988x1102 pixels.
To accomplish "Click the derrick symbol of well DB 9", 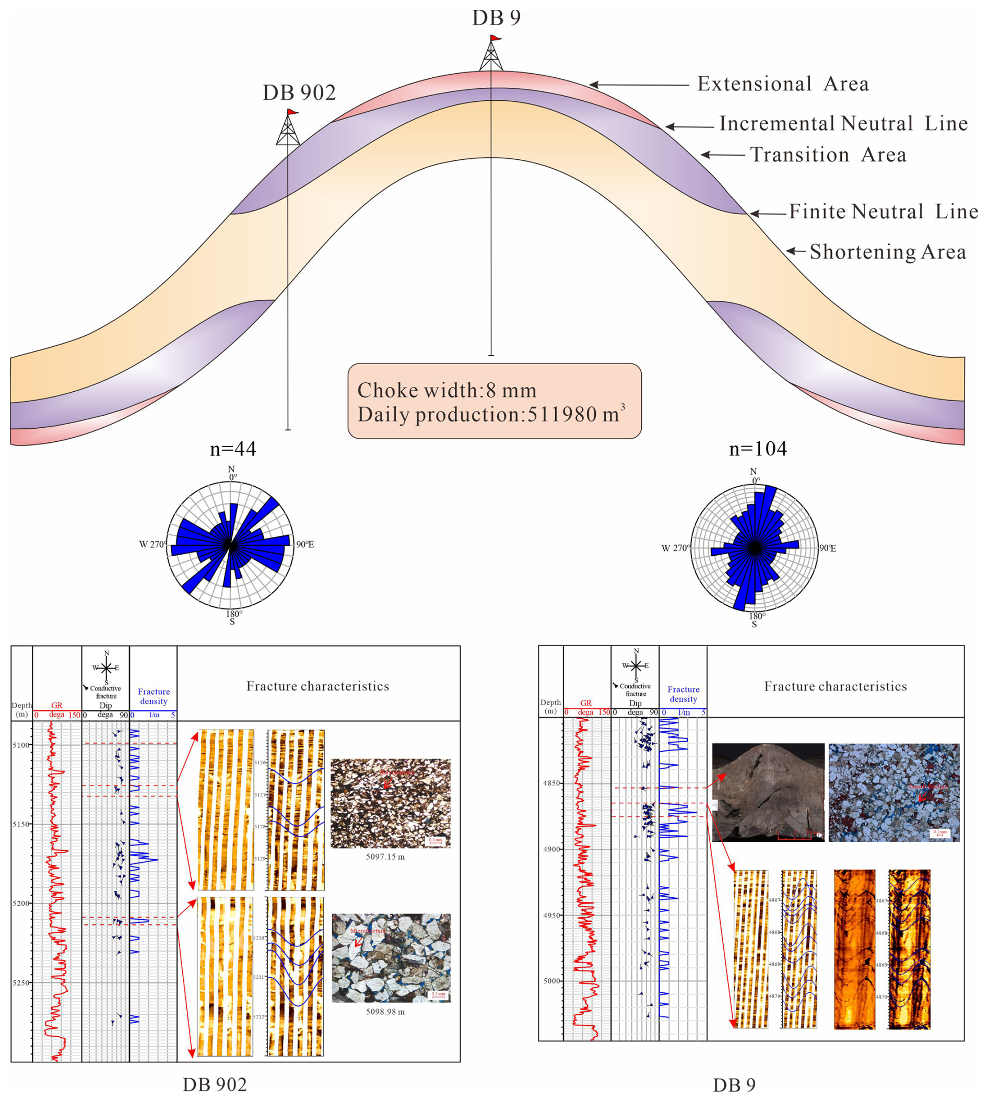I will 491,54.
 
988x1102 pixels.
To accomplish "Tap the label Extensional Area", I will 783,84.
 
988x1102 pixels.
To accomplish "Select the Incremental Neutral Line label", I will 843,124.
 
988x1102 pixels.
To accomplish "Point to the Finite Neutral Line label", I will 883,212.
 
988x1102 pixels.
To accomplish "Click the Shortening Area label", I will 888,252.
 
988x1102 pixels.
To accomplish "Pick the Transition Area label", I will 828,155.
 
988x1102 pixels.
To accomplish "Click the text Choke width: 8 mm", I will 446,390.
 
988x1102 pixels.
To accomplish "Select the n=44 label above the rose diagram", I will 233,449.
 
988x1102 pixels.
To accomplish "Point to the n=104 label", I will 757,449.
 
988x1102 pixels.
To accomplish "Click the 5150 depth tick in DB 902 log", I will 21,825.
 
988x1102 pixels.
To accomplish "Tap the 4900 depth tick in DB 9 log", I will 550,850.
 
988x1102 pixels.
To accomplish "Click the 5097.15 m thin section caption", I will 385,857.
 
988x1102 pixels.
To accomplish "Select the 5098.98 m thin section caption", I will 385,1012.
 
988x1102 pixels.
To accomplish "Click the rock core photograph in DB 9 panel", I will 768,793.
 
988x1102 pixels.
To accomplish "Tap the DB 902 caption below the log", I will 215,1085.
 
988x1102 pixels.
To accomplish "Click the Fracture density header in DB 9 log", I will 683,694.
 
